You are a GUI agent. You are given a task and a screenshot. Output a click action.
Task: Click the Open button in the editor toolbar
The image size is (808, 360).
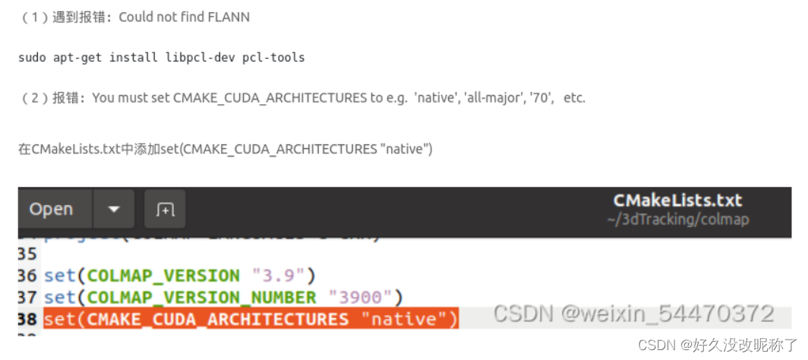tap(51, 209)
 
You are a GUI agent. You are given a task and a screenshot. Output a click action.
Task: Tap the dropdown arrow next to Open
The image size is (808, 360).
tap(114, 209)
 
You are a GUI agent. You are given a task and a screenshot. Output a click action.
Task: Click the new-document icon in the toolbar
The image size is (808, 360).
tap(165, 209)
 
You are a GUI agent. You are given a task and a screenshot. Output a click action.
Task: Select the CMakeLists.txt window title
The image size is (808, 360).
tap(677, 201)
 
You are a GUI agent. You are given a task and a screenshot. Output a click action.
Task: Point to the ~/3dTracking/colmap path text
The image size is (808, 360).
tap(677, 219)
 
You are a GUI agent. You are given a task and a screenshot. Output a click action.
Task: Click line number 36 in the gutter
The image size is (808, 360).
tap(27, 275)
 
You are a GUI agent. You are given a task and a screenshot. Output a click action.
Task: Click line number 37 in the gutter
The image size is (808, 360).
tap(27, 297)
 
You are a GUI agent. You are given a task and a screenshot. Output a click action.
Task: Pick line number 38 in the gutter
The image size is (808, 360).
tap(27, 320)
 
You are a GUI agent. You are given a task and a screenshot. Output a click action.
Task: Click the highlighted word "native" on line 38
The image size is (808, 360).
tap(402, 320)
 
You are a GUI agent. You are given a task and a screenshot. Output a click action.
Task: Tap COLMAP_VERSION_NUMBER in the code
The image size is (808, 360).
tap(201, 297)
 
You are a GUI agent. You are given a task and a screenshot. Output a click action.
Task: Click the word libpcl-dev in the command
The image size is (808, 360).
tap(200, 58)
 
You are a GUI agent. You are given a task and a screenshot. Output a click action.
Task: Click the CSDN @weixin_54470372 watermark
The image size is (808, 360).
tap(633, 314)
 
